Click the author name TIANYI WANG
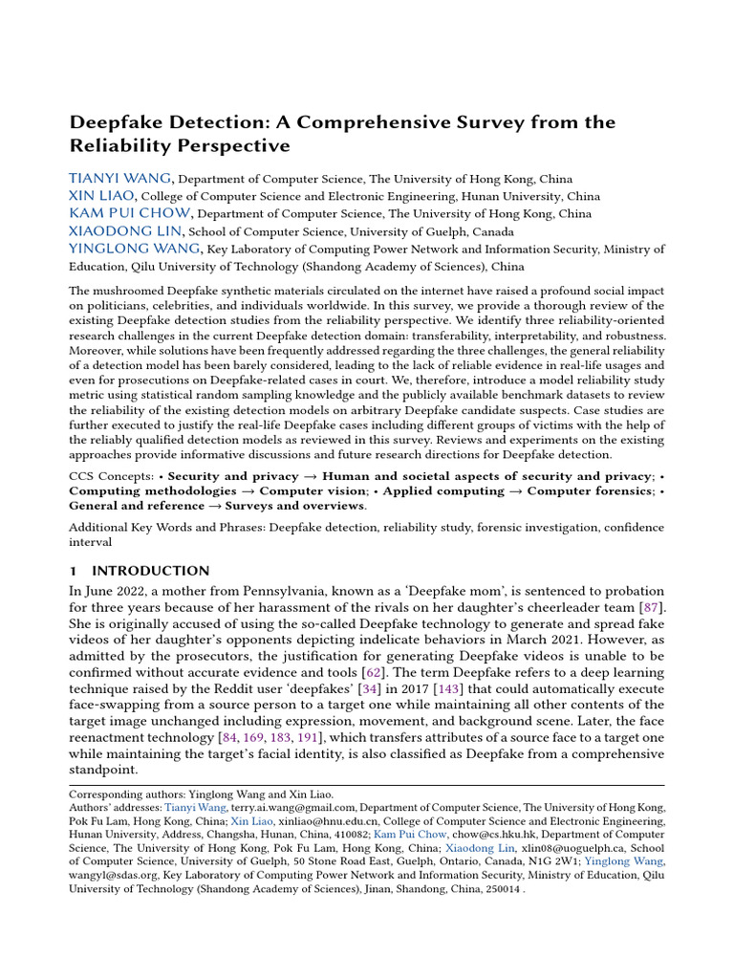pos(120,178)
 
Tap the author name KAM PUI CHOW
pos(130,213)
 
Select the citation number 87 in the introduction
pos(654,607)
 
